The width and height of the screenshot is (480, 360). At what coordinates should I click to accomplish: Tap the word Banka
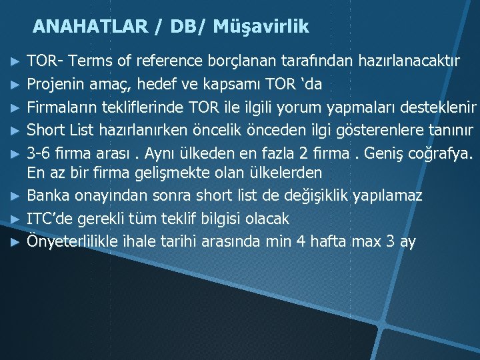[47, 196]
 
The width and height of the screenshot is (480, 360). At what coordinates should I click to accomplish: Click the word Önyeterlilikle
[74, 241]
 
